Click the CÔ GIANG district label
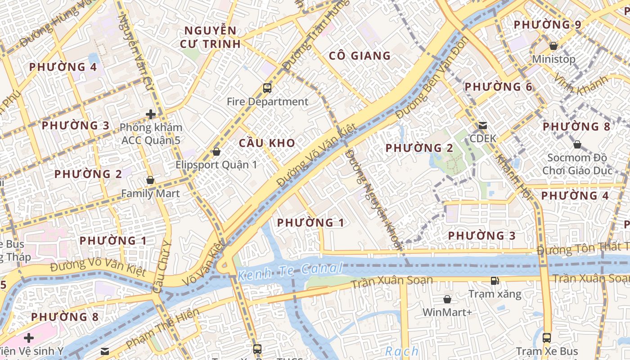tap(360, 56)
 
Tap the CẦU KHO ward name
tap(267, 143)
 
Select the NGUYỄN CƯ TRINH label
tap(210, 37)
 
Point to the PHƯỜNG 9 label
tap(547, 25)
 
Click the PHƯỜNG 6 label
tap(498, 87)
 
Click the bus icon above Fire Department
tap(267, 88)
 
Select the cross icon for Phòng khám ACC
tap(151, 114)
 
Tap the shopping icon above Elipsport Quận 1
tap(216, 152)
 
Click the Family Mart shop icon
tap(150, 180)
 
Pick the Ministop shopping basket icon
tap(553, 46)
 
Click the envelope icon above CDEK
tap(483, 126)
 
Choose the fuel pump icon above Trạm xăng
tap(495, 281)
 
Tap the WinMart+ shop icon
tap(447, 299)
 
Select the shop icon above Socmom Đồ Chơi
tap(577, 144)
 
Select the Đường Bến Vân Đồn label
tap(432, 78)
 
